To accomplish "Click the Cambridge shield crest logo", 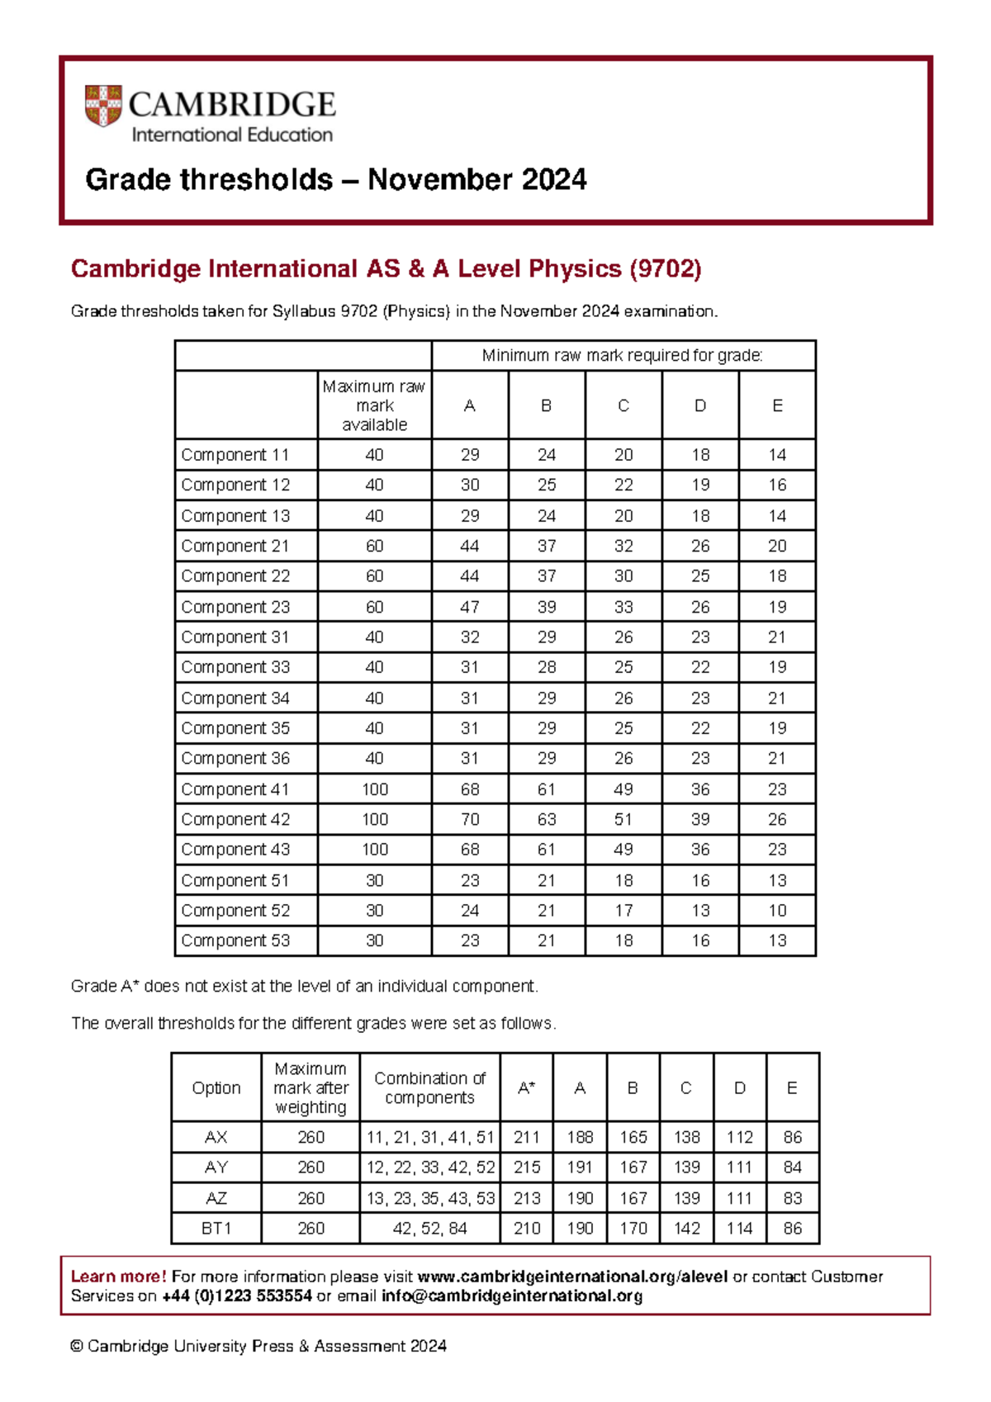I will click(103, 106).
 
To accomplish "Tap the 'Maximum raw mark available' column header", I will click(374, 405).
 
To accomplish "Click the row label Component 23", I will click(235, 607).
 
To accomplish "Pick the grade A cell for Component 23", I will click(469, 607).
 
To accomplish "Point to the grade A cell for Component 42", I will click(469, 819).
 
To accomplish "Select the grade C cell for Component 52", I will click(624, 910).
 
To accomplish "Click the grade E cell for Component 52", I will click(777, 910).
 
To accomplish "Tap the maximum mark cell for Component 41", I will click(374, 789).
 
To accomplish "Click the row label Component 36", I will click(235, 758).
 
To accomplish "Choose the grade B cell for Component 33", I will click(546, 667).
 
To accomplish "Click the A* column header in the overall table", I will click(526, 1088).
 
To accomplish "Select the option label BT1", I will click(216, 1228).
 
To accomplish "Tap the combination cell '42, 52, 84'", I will click(429, 1228).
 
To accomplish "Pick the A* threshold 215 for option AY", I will click(526, 1168).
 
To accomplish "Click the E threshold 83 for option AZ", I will click(792, 1198).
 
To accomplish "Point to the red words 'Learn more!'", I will click(118, 1276).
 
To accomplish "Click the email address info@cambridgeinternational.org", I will click(511, 1295).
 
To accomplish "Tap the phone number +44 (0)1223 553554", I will click(237, 1295).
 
